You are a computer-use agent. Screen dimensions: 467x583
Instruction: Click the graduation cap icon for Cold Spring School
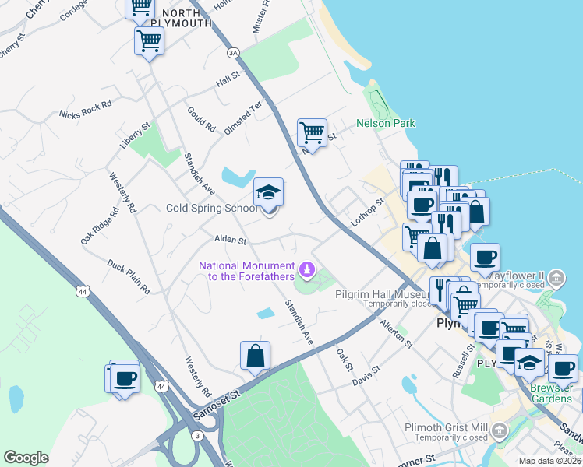(x=268, y=192)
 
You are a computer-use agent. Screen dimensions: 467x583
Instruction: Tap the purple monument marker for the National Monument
(x=307, y=270)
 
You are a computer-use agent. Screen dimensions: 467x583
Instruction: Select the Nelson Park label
(x=386, y=123)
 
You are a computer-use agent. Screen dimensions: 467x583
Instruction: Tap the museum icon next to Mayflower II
(x=556, y=277)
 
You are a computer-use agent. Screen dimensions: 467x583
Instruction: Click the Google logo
(x=26, y=458)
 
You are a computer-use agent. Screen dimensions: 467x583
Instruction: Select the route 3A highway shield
(x=232, y=53)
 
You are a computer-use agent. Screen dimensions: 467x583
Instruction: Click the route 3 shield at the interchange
(x=198, y=436)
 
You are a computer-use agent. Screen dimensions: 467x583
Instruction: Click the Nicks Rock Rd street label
(x=86, y=110)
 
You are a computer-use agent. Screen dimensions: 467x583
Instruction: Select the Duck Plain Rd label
(x=129, y=276)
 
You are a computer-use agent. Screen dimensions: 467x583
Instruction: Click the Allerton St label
(x=396, y=332)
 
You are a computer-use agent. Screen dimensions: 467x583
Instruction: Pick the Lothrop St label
(x=368, y=211)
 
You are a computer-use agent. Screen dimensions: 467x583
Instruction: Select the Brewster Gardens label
(x=552, y=393)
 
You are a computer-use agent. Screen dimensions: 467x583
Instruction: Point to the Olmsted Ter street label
(x=243, y=117)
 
